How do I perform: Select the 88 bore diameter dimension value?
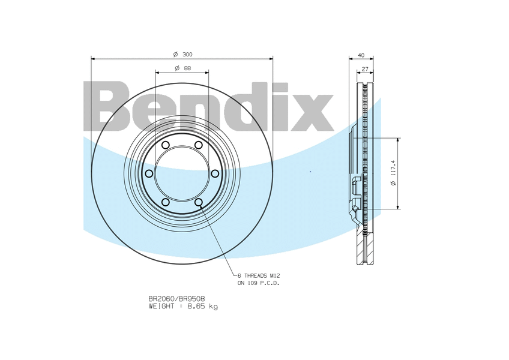pyautogui.click(x=187, y=68)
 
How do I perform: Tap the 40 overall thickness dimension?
pyautogui.click(x=361, y=55)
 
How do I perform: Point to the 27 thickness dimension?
pyautogui.click(x=365, y=69)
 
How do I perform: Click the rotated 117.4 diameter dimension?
pyautogui.click(x=393, y=173)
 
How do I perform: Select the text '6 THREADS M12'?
pyautogui.click(x=258, y=275)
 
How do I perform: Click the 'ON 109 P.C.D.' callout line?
pyautogui.click(x=258, y=283)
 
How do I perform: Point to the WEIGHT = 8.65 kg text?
pyautogui.click(x=183, y=306)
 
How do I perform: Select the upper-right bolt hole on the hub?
pyautogui.click(x=198, y=145)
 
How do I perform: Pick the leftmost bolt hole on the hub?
pyautogui.click(x=149, y=173)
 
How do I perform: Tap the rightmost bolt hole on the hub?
pyautogui.click(x=214, y=173)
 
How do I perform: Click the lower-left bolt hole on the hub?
pyautogui.click(x=166, y=202)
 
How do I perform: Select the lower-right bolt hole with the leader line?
pyautogui.click(x=198, y=202)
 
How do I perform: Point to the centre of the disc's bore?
pyautogui.click(x=182, y=173)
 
